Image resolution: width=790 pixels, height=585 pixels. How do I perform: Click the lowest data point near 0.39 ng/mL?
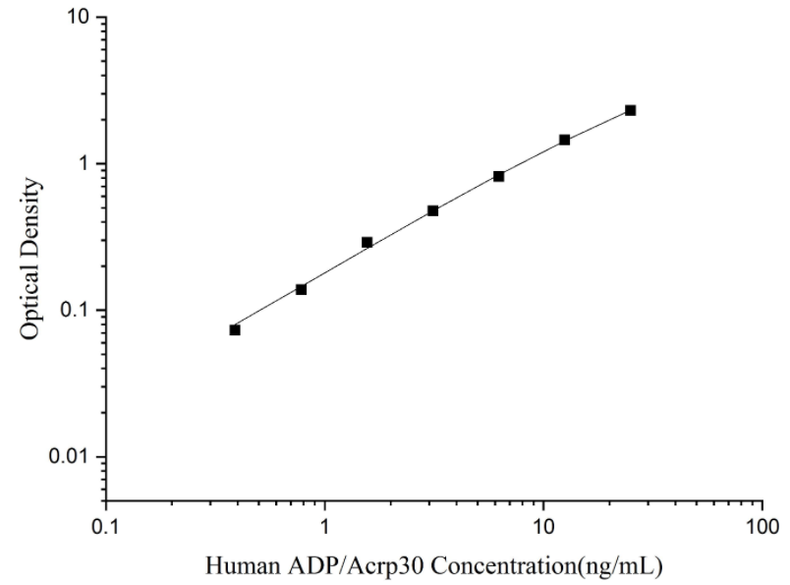235,329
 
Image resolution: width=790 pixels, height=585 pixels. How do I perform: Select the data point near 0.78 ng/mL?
301,289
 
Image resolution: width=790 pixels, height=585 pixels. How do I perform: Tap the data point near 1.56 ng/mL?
367,242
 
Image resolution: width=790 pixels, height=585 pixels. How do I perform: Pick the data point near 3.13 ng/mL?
432,210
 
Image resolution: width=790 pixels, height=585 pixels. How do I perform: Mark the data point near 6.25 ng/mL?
498,176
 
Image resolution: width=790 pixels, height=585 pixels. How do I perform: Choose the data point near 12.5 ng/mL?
564,140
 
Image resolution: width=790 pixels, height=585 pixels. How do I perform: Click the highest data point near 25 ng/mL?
630,110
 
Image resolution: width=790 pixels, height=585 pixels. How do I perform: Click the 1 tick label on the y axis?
86,164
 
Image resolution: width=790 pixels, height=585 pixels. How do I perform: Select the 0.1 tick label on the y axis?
79,311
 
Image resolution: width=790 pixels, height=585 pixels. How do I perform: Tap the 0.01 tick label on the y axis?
74,457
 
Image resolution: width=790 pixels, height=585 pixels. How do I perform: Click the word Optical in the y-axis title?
31,294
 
